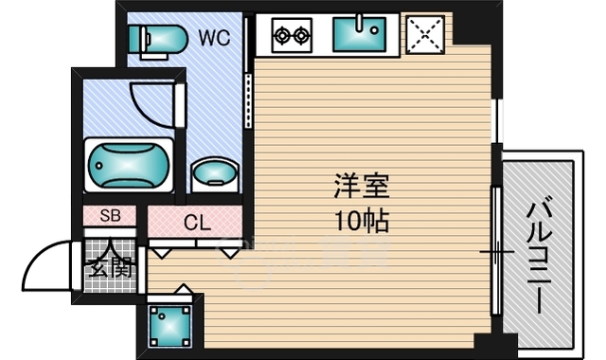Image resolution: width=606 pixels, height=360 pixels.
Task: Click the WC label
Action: click(215, 39)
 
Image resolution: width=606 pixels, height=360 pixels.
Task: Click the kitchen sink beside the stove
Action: click(359, 36)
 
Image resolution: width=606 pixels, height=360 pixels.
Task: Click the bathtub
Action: click(130, 165)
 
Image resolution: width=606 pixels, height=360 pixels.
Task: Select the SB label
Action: click(110, 217)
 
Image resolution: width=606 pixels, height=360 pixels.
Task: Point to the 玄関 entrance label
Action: click(112, 266)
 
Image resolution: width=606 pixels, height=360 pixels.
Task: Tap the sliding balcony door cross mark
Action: click(494, 251)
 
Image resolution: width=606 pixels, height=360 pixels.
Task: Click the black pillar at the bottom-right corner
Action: click(484, 346)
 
